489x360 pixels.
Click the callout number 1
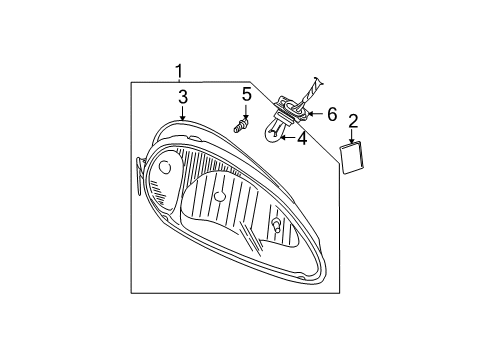click(x=179, y=70)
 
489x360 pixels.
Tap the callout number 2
click(x=352, y=122)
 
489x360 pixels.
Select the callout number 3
click(x=182, y=97)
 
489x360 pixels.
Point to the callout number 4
click(x=302, y=139)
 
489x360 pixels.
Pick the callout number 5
click(x=245, y=95)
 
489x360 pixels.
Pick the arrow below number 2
click(x=352, y=139)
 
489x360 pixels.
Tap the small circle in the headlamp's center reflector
click(x=219, y=195)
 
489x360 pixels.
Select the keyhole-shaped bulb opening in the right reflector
click(x=275, y=224)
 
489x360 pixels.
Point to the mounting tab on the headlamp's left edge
click(x=137, y=172)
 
